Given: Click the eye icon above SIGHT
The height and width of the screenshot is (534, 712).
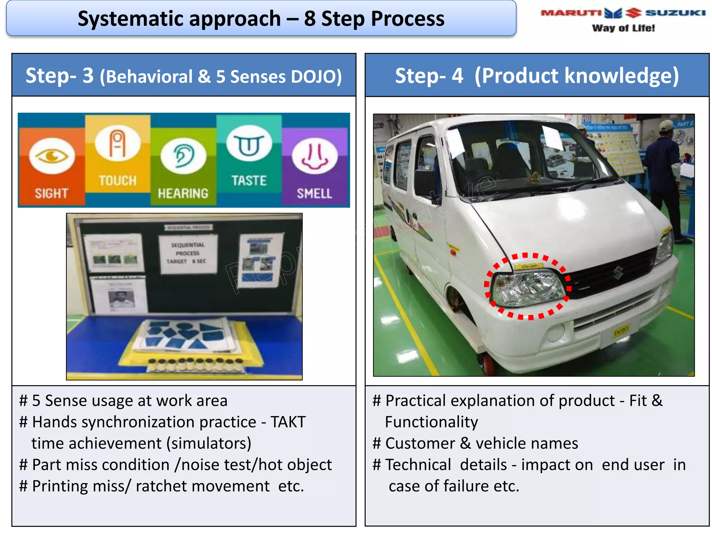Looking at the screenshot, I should point(52,156).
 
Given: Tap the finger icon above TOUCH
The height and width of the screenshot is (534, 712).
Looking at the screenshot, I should point(118,143).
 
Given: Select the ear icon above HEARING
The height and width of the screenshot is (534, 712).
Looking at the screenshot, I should point(183,156).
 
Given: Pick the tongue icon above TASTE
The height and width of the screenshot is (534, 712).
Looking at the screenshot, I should point(249,143).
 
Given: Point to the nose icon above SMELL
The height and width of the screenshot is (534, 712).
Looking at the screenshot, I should point(315,156).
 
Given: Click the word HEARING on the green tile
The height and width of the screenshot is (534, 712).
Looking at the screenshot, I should point(183,193).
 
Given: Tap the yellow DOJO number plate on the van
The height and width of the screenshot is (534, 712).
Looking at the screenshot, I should point(621,330).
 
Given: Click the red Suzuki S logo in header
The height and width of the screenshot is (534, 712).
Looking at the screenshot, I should point(633,13).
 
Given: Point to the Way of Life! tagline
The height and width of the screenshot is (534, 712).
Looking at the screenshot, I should point(623,28).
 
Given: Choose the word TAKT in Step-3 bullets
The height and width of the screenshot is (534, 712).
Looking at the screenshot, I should point(288,422).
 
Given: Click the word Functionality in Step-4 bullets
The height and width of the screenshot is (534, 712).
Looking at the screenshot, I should point(431,422).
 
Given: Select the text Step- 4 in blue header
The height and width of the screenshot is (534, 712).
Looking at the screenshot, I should point(429,76).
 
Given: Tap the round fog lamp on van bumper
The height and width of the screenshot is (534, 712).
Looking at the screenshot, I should point(556,332).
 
